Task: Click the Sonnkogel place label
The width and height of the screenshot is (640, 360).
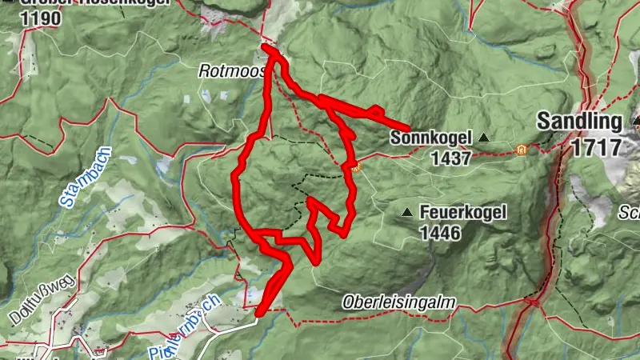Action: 431,138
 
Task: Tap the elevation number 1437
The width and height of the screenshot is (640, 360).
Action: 450,158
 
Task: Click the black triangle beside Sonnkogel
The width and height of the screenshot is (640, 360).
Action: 483,138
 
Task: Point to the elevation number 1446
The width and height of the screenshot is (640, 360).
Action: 438,233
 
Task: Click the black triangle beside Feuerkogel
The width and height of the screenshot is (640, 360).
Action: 408,213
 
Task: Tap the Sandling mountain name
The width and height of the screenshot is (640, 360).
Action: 579,122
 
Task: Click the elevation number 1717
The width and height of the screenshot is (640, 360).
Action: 596,147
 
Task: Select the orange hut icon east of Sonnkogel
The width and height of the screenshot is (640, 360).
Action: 522,149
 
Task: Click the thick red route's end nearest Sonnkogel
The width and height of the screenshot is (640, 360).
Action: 408,128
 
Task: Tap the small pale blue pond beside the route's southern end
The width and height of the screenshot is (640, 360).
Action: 254,297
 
